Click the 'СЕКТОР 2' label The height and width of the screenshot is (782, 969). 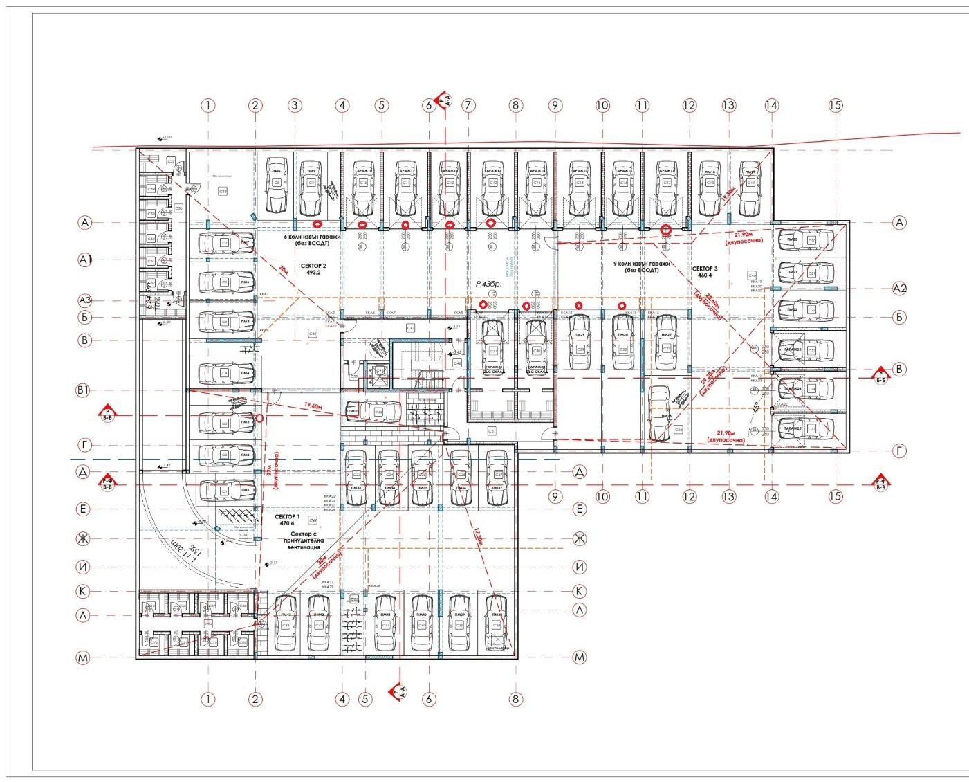313,266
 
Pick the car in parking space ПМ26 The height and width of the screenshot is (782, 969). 659,413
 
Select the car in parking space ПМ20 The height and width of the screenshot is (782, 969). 805,240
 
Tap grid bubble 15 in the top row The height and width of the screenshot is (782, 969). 836,105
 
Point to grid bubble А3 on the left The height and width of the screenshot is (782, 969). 85,300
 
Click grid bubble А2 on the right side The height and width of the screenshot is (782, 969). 899,288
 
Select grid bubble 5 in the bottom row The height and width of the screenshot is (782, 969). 366,699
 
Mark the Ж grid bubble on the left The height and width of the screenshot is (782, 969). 83,538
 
